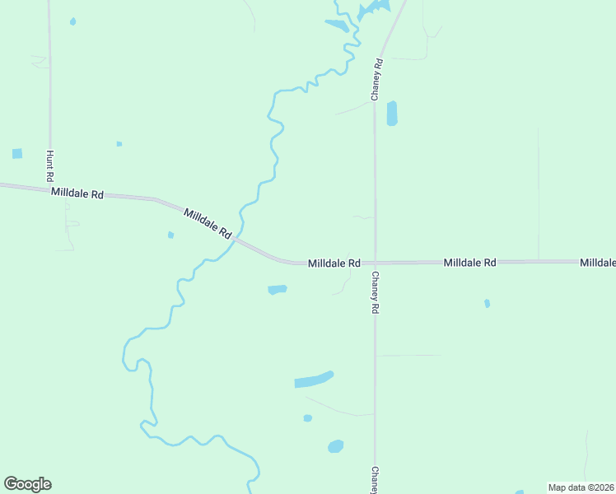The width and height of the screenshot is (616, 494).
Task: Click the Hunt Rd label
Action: point(50,165)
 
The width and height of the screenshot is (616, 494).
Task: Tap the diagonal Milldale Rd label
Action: point(208,223)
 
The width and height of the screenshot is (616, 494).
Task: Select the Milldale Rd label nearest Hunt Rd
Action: point(77,193)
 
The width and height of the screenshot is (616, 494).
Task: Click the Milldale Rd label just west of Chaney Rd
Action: point(334,263)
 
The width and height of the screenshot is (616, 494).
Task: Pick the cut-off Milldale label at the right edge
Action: point(597,263)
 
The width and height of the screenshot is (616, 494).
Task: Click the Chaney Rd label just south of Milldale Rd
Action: point(375,292)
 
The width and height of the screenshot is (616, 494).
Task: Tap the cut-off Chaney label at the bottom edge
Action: point(375,480)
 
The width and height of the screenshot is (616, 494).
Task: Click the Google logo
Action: point(27,484)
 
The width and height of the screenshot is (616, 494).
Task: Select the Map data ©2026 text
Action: point(581,487)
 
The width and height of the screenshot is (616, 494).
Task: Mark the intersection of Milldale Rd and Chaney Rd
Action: point(376,263)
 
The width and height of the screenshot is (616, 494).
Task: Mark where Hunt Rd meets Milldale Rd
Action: point(50,189)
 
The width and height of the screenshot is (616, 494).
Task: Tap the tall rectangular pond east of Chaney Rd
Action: point(392,113)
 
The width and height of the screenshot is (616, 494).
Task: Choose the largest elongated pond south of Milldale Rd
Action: point(314,380)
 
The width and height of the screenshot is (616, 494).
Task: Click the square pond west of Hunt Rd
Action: point(17,154)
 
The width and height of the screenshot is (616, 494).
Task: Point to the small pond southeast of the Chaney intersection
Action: point(487,304)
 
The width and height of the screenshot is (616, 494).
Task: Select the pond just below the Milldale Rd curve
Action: point(277,290)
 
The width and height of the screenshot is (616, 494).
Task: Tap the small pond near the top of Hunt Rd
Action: point(72,21)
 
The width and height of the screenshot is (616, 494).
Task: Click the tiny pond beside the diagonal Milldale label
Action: point(170,235)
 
